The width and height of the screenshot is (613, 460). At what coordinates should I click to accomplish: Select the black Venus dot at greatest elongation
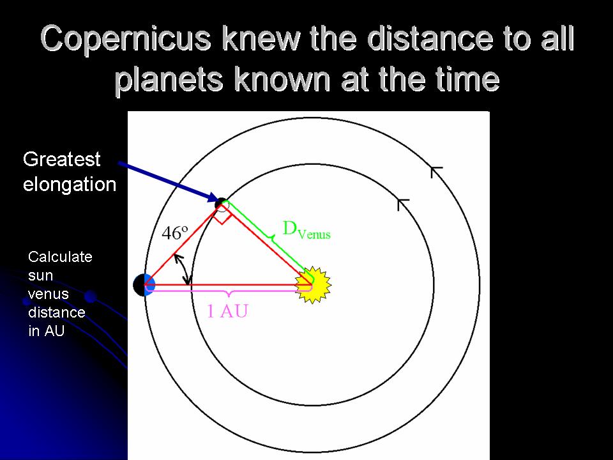coord(221,204)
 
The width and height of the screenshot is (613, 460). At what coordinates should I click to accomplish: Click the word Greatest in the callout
coord(62,159)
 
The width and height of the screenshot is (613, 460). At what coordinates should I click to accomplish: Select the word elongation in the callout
coord(70,185)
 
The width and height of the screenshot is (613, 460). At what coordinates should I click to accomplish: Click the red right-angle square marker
coord(222,215)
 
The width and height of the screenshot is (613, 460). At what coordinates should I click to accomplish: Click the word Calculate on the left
coord(60,257)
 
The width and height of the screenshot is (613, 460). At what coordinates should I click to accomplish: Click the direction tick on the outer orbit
coord(436,171)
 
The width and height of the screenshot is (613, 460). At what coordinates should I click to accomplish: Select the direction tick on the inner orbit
coord(403,204)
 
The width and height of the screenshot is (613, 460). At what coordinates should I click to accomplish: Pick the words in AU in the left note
coord(47,332)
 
